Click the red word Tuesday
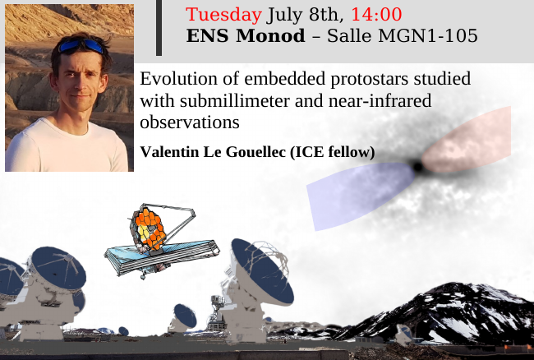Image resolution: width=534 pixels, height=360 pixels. pyautogui.click(x=223, y=15)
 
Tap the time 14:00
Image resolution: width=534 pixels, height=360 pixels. pyautogui.click(x=376, y=15)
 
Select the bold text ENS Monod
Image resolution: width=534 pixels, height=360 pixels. pyautogui.click(x=246, y=36)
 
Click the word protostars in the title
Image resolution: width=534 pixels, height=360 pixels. pyautogui.click(x=369, y=79)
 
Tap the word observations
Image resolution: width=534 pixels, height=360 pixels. pyautogui.click(x=190, y=122)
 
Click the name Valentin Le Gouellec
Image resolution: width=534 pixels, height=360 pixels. pyautogui.click(x=213, y=152)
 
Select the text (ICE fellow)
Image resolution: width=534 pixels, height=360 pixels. pyautogui.click(x=333, y=152)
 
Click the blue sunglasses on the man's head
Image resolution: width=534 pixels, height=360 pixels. pyautogui.click(x=81, y=44)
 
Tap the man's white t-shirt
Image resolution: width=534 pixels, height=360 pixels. pyautogui.click(x=67, y=149)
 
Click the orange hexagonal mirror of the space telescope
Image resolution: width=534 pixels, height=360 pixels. pyautogui.click(x=150, y=228)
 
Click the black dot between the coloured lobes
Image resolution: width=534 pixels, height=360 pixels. pyautogui.click(x=418, y=167)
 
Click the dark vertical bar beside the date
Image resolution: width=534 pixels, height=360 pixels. pyautogui.click(x=159, y=28)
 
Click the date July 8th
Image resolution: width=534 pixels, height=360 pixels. pyautogui.click(x=303, y=15)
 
